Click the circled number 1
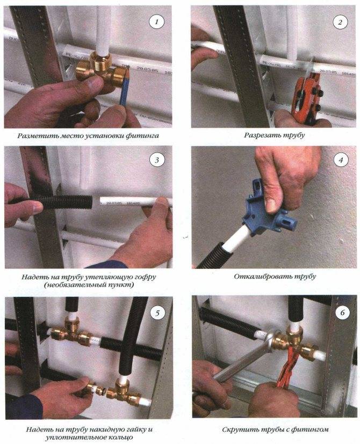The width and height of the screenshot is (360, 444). click(156, 22)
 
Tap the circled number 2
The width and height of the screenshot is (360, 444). click(340, 22)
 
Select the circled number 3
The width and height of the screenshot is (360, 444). click(157, 161)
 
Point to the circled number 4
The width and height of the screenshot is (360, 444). click(341, 161)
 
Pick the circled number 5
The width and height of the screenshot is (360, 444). click(157, 313)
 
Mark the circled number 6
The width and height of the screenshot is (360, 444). click(342, 312)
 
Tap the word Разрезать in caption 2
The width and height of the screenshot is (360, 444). click(261, 135)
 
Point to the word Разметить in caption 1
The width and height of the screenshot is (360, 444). click(35, 136)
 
